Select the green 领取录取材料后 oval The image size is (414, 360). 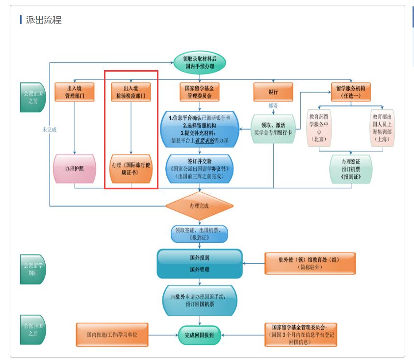pos(200,62)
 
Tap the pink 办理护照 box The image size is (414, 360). pos(75,169)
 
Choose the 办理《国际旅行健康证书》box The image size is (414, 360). pos(130,169)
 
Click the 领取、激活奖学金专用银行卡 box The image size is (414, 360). pos(273,129)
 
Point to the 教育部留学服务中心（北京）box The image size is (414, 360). pos(319,128)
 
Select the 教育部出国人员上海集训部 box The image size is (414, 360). pos(383,128)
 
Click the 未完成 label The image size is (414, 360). pos(49,129)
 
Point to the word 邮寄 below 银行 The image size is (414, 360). pos(273,105)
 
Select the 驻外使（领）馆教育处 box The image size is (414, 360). pos(309,263)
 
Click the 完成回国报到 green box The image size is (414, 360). pos(199,335)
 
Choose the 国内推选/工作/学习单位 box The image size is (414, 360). pos(112,334)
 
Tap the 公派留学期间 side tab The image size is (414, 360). pos(33,269)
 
